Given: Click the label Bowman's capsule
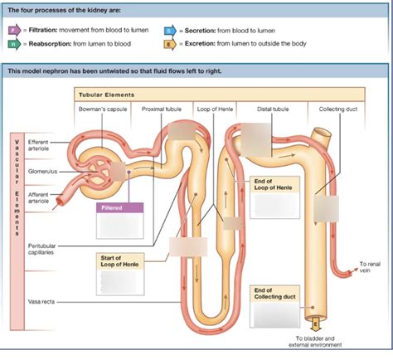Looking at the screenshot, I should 103,109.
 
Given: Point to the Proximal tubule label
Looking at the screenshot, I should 161,109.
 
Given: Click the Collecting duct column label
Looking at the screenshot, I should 338,109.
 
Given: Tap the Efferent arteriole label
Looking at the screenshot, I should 40,145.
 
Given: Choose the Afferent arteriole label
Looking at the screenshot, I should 40,198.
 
